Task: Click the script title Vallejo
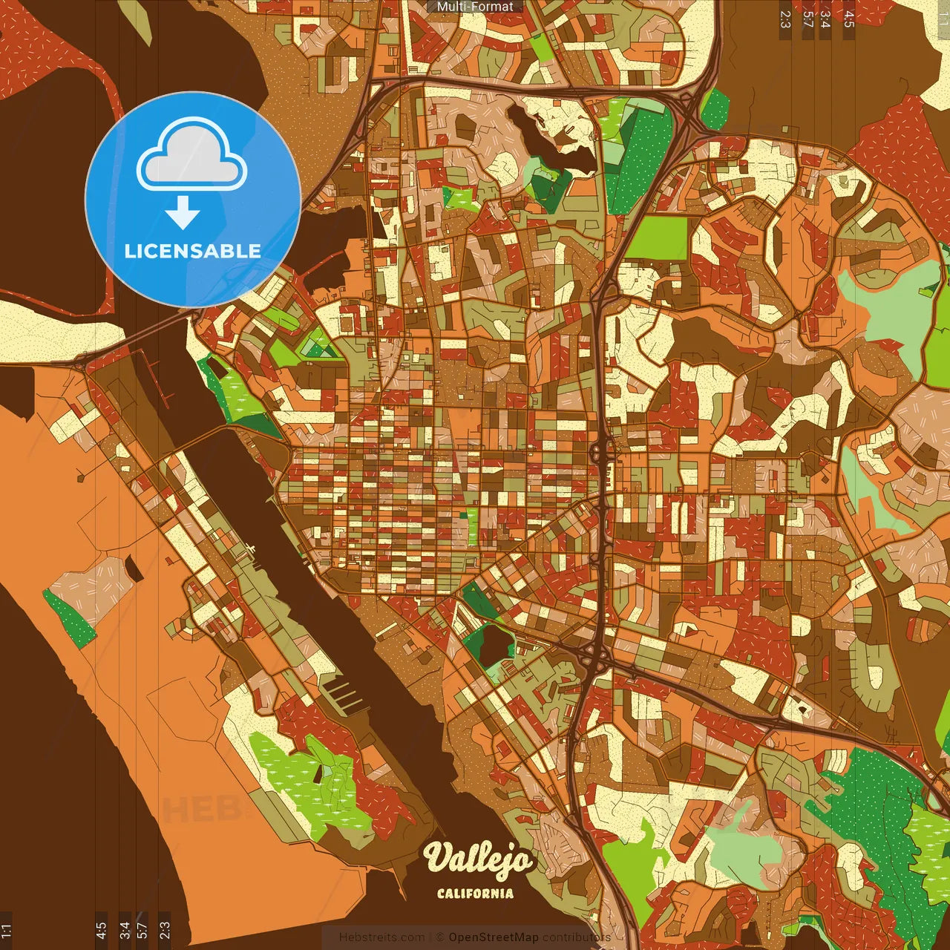[x=478, y=859]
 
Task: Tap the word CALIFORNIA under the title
[x=475, y=893]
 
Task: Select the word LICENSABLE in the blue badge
[x=192, y=251]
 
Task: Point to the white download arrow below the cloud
[x=183, y=212]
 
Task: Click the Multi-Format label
[x=475, y=7]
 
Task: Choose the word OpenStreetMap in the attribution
[x=494, y=937]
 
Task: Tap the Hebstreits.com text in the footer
[x=381, y=937]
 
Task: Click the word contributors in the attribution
[x=577, y=937]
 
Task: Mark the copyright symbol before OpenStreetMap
[x=440, y=937]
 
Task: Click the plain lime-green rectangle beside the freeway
[x=658, y=237]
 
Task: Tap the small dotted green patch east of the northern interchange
[x=715, y=109]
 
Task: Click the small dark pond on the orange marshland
[x=134, y=568]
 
